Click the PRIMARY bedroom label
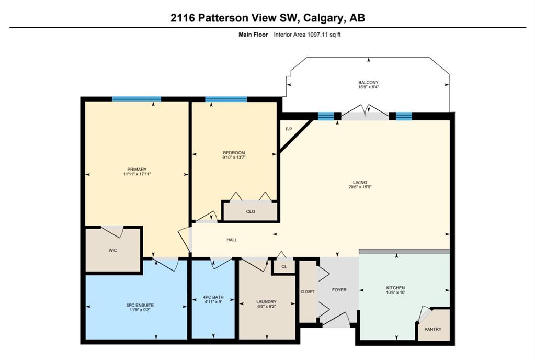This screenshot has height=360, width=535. point(137,169)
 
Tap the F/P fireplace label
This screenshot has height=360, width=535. point(289,129)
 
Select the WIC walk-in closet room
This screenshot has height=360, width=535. point(113,250)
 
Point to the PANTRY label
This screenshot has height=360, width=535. point(432,329)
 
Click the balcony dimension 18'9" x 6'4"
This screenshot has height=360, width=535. point(368,87)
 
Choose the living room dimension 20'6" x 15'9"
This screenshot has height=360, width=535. point(360,187)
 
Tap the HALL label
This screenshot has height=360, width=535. point(232,240)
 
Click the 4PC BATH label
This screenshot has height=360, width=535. point(213,297)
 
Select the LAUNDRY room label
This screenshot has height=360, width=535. point(267,301)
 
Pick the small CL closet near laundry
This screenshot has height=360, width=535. point(284,266)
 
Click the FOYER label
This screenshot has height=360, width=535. point(339,290)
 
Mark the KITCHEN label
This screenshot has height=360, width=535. point(396,288)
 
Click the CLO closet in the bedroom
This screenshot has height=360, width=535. point(251,211)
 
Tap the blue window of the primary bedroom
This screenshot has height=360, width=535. point(136,99)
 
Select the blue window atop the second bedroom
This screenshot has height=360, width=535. point(226,99)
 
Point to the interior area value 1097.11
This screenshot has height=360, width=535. point(317,35)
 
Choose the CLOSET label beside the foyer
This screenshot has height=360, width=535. point(308,292)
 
